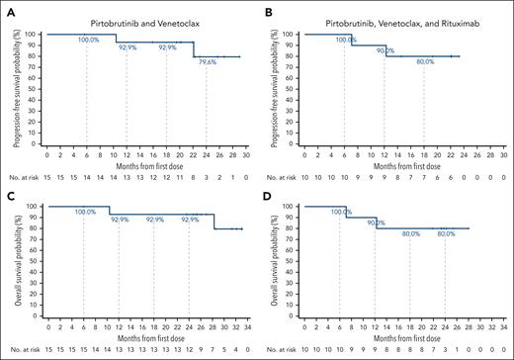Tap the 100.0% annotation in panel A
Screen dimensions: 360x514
(87, 40)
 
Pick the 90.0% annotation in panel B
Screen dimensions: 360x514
(385, 50)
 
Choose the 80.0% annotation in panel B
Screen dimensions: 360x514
(424, 61)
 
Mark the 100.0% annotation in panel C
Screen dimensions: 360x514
(85, 212)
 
